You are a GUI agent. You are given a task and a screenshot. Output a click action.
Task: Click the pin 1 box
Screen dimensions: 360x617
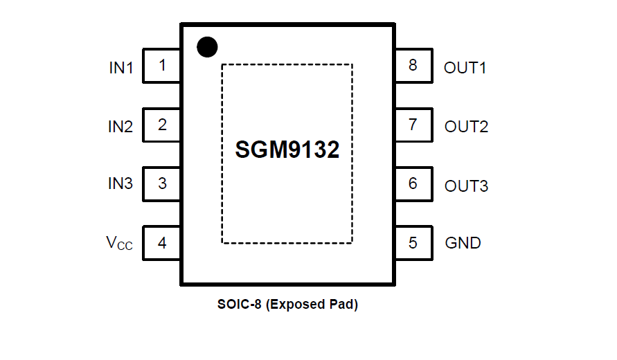(162, 66)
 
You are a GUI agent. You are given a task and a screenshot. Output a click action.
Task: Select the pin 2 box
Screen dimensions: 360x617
(162, 125)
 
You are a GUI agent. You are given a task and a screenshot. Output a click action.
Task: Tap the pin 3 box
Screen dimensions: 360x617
(162, 184)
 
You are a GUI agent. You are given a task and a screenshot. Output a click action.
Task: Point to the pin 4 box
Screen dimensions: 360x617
(162, 243)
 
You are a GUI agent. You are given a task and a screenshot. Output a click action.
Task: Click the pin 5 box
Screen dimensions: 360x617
(413, 243)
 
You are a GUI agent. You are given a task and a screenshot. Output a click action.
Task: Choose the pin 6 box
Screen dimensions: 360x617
(413, 184)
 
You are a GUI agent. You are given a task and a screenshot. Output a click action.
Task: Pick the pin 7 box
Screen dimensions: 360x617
(413, 125)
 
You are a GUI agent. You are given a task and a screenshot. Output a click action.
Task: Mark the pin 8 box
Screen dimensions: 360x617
(413, 66)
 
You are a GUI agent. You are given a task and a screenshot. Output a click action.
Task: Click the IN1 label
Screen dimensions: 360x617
(120, 68)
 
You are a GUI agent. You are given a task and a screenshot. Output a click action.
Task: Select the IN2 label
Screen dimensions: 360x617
(120, 127)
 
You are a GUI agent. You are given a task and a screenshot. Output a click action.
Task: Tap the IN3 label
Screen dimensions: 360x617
(120, 184)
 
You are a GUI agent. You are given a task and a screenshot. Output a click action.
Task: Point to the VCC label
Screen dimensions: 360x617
(119, 243)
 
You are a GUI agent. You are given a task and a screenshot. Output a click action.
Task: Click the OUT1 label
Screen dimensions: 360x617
(465, 68)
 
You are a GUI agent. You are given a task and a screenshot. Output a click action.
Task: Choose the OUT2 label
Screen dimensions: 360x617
(466, 127)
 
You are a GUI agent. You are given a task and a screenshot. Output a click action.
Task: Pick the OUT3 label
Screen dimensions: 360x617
(466, 186)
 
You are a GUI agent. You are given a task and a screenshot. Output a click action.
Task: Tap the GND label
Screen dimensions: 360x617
(463, 244)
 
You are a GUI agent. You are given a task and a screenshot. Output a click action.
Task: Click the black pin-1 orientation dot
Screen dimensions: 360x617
(207, 46)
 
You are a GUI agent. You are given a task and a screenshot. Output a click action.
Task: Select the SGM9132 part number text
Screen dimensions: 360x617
(287, 150)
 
